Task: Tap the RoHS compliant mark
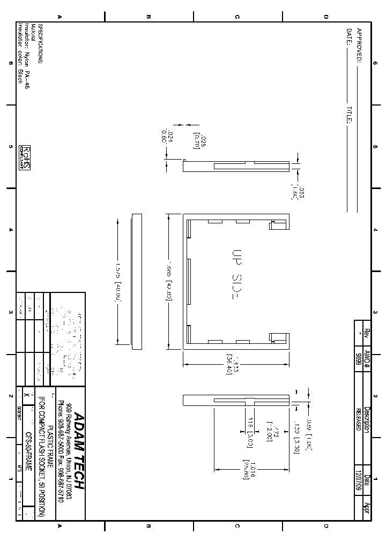click(25, 157)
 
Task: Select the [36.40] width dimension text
click(228, 364)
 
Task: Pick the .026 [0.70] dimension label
click(199, 141)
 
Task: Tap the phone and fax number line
click(61, 451)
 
